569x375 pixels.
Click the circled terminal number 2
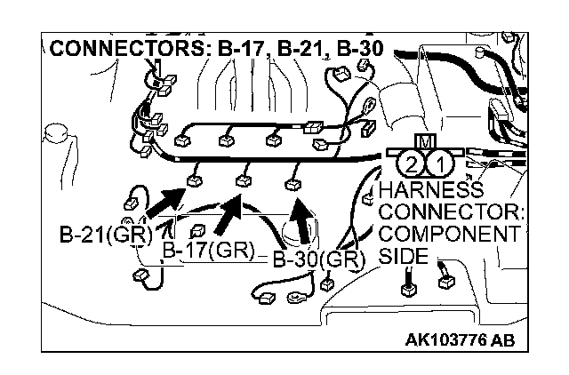coord(410,164)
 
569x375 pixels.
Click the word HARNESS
coord(430,191)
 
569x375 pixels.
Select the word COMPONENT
coord(447,235)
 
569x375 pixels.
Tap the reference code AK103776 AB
coord(460,339)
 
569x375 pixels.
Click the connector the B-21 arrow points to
coord(194,183)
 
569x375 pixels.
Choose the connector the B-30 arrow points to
coord(292,184)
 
